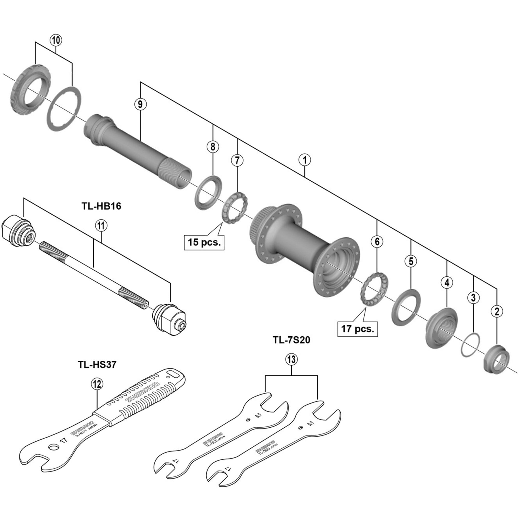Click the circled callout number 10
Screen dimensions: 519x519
tap(56, 40)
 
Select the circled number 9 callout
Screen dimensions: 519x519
tap(140, 104)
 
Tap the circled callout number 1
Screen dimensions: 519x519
tap(305, 160)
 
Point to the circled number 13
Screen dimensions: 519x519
tap(291, 359)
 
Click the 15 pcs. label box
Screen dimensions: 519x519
tap(204, 242)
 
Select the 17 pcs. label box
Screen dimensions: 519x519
tap(357, 329)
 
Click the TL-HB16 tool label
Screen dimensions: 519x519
tap(101, 206)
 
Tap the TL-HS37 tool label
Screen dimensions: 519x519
tap(97, 365)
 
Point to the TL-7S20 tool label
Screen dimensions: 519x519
tap(291, 340)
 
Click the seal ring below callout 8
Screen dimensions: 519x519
tap(208, 192)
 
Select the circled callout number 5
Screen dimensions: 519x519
tap(411, 261)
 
